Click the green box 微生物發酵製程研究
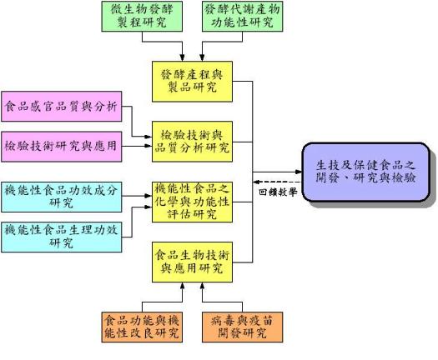tap(142, 16)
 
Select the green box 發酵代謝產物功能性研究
tap(243, 16)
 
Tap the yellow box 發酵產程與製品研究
tap(192, 82)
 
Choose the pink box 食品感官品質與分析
tap(62, 107)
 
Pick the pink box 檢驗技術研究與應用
tap(62, 147)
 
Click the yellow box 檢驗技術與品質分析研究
tap(192, 142)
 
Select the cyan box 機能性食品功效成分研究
tap(62, 197)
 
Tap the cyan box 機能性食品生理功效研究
tap(62, 237)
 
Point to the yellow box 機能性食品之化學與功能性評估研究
tap(192, 202)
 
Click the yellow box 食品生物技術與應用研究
tap(192, 262)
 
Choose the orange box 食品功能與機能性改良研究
tap(142, 327)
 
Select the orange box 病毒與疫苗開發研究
tap(243, 327)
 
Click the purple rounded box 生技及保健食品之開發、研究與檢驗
tap(366, 172)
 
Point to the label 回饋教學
tap(278, 192)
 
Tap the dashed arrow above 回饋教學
tap(278, 182)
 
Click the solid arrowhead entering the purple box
tap(300, 172)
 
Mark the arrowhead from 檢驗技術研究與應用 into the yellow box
tap(148, 146)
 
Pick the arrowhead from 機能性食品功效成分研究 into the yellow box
tap(148, 196)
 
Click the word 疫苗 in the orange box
tap(261, 321)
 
